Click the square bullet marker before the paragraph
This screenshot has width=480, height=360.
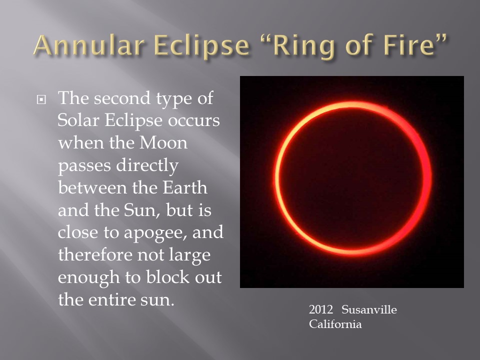(41, 99)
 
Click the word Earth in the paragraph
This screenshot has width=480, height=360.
(185, 187)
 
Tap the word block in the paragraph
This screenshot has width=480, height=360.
(168, 276)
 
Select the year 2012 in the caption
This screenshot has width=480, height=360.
(321, 309)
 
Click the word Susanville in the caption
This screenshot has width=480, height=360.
(369, 309)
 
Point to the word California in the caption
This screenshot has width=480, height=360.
(335, 324)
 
